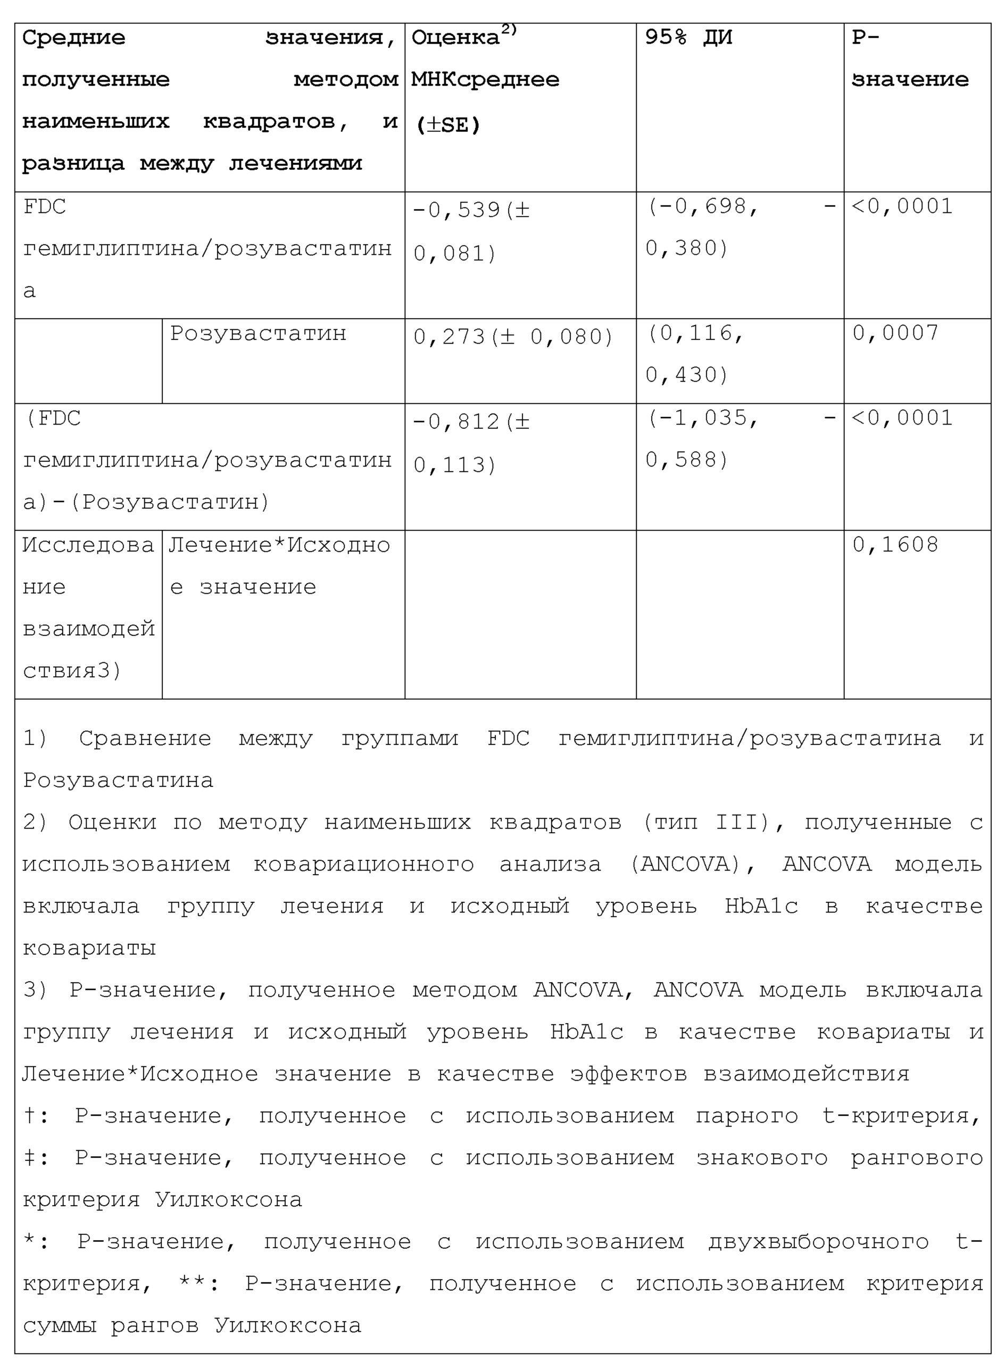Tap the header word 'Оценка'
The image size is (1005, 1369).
(455, 38)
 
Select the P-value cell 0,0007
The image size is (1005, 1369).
(895, 334)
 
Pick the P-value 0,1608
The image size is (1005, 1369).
(895, 545)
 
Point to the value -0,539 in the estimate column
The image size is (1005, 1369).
(456, 211)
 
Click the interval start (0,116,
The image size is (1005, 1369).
(695, 334)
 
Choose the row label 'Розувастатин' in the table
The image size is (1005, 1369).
(258, 334)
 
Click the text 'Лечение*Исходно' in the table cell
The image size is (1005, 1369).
(279, 546)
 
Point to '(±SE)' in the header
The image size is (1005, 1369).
(448, 126)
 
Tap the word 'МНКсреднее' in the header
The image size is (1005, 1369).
(485, 80)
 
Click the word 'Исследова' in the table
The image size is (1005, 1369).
(88, 546)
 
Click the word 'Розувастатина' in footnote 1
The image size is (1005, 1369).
(118, 781)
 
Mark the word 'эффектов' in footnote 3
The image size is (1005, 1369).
(628, 1075)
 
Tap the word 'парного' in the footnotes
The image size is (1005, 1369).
(746, 1116)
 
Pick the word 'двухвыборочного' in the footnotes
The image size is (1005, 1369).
(818, 1242)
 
